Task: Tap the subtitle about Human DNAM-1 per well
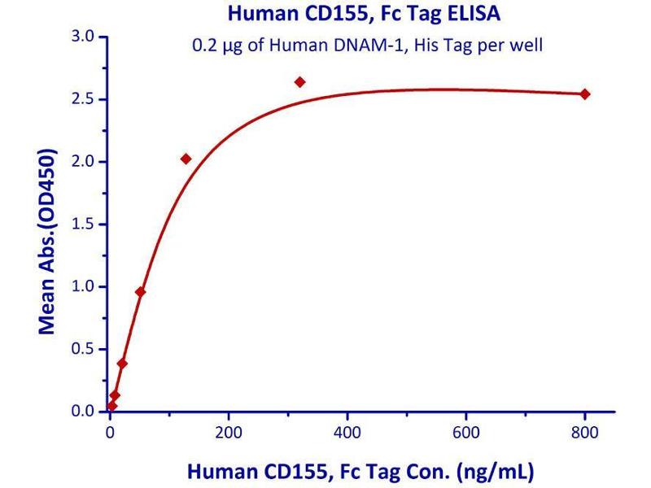click(x=367, y=45)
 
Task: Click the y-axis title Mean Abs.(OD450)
click(x=48, y=242)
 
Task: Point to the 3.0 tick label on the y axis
click(x=85, y=37)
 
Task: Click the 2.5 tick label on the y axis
click(x=85, y=99)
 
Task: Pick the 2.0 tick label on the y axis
click(x=85, y=162)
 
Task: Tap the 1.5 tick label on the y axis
click(x=85, y=224)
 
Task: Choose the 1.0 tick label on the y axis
click(x=85, y=287)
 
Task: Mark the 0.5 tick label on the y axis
click(x=85, y=350)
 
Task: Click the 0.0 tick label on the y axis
click(x=85, y=412)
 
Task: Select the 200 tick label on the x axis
click(x=229, y=432)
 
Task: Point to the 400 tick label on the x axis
click(x=347, y=432)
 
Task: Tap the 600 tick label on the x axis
click(x=466, y=432)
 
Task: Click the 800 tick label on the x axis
click(x=584, y=432)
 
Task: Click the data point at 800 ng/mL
click(x=584, y=94)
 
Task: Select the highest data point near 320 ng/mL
click(x=299, y=82)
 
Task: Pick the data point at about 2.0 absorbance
click(x=186, y=159)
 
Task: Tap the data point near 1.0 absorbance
click(x=140, y=291)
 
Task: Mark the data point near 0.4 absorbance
click(x=122, y=364)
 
